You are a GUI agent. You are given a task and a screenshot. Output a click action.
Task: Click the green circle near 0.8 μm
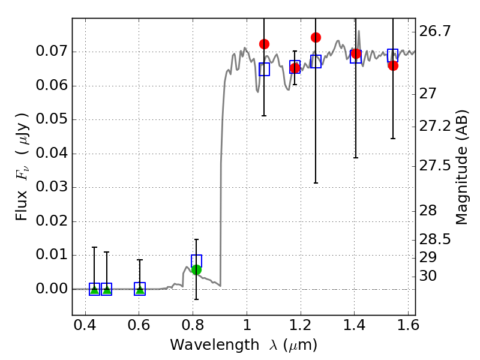tap(196, 269)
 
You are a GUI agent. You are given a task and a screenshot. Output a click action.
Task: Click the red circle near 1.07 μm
tap(264, 44)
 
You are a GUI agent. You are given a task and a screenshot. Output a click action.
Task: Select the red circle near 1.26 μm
tap(316, 37)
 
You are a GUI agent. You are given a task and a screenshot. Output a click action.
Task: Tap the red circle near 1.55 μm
tap(393, 65)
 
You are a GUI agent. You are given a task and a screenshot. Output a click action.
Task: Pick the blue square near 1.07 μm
tap(264, 69)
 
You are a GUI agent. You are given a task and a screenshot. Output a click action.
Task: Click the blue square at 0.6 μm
tap(140, 289)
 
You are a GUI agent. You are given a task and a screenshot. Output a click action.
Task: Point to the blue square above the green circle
tap(196, 260)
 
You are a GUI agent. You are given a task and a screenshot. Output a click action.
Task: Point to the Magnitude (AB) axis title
tap(462, 167)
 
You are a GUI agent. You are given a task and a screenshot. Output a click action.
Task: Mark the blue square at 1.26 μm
tap(316, 61)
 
